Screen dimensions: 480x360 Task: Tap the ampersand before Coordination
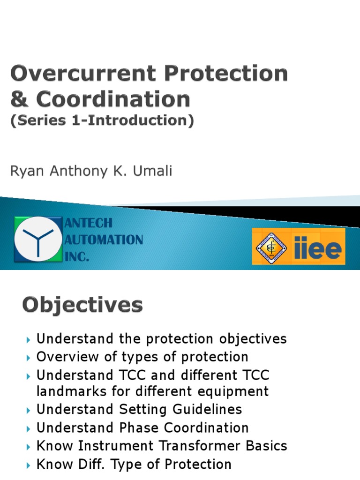point(19,99)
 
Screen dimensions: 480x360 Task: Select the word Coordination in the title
point(113,99)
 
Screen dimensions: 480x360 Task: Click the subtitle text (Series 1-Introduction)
point(102,121)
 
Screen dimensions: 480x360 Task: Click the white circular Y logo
point(38,239)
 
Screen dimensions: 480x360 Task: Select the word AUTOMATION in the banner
point(104,240)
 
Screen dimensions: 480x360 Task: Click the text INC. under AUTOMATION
point(76,257)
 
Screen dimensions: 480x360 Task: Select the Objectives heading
point(82,306)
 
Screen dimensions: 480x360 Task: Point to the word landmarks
point(72,392)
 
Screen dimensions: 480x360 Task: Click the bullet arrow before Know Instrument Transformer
point(28,447)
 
